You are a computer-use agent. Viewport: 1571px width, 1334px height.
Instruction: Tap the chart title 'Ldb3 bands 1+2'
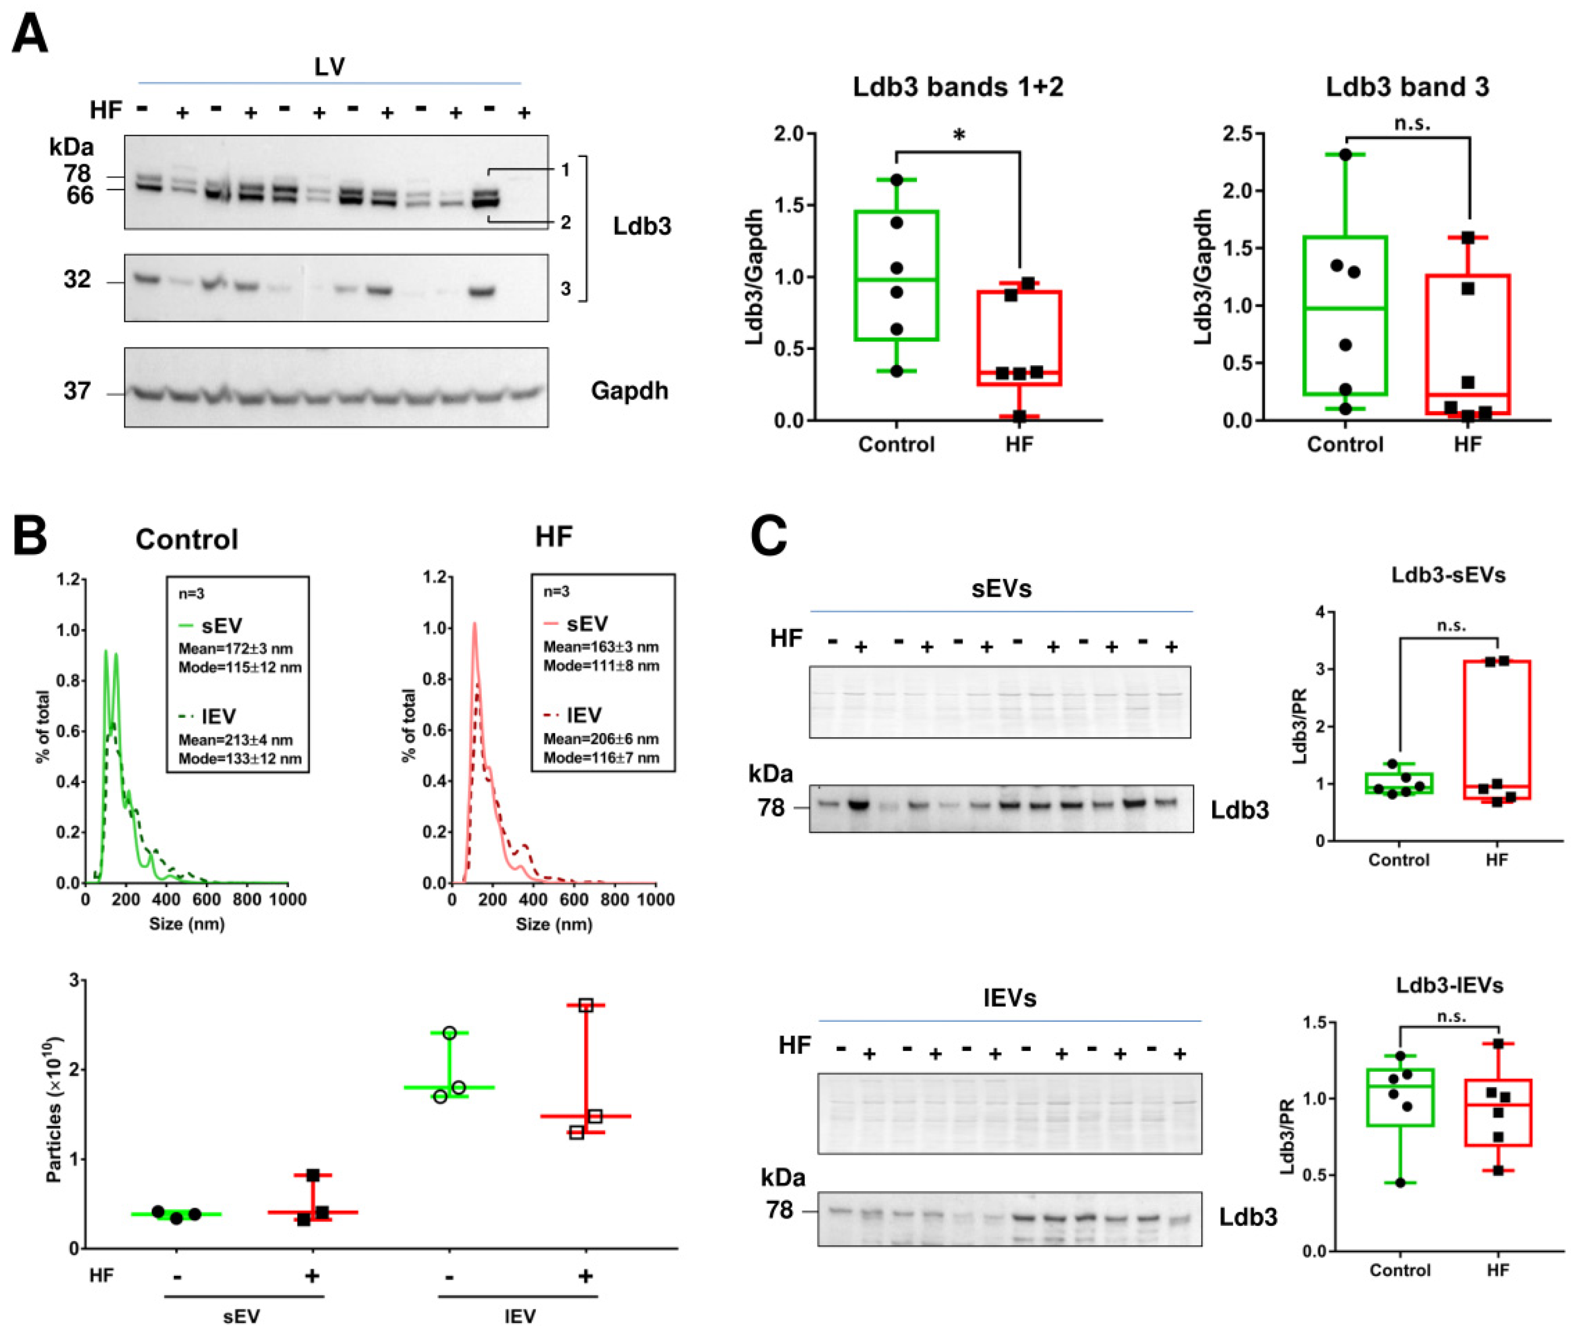(958, 87)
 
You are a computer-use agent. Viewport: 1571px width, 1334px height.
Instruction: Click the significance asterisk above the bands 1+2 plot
(958, 137)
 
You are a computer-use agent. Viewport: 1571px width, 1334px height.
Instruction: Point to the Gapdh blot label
(629, 390)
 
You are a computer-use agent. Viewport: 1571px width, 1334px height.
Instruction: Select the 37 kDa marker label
(77, 391)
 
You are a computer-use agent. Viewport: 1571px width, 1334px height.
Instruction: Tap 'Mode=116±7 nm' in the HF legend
(601, 758)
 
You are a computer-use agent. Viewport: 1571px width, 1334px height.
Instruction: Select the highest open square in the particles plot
(585, 1005)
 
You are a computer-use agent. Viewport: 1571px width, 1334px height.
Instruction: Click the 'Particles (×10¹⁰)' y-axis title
(53, 1111)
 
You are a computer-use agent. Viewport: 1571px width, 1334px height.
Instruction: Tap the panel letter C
(768, 536)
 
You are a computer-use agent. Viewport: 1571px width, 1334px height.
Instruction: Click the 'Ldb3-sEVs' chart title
(1448, 575)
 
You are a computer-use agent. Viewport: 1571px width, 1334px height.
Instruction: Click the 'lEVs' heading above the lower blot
(1009, 998)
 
